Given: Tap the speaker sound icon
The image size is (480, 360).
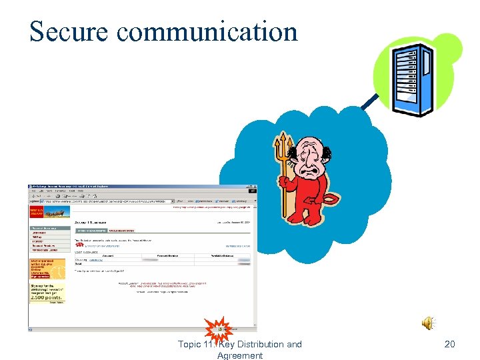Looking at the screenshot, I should point(427,323).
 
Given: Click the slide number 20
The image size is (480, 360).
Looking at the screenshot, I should point(449,344).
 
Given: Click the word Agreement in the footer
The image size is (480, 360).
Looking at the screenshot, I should point(240,355).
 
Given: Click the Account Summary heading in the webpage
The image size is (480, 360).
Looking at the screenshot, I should point(94,221).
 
